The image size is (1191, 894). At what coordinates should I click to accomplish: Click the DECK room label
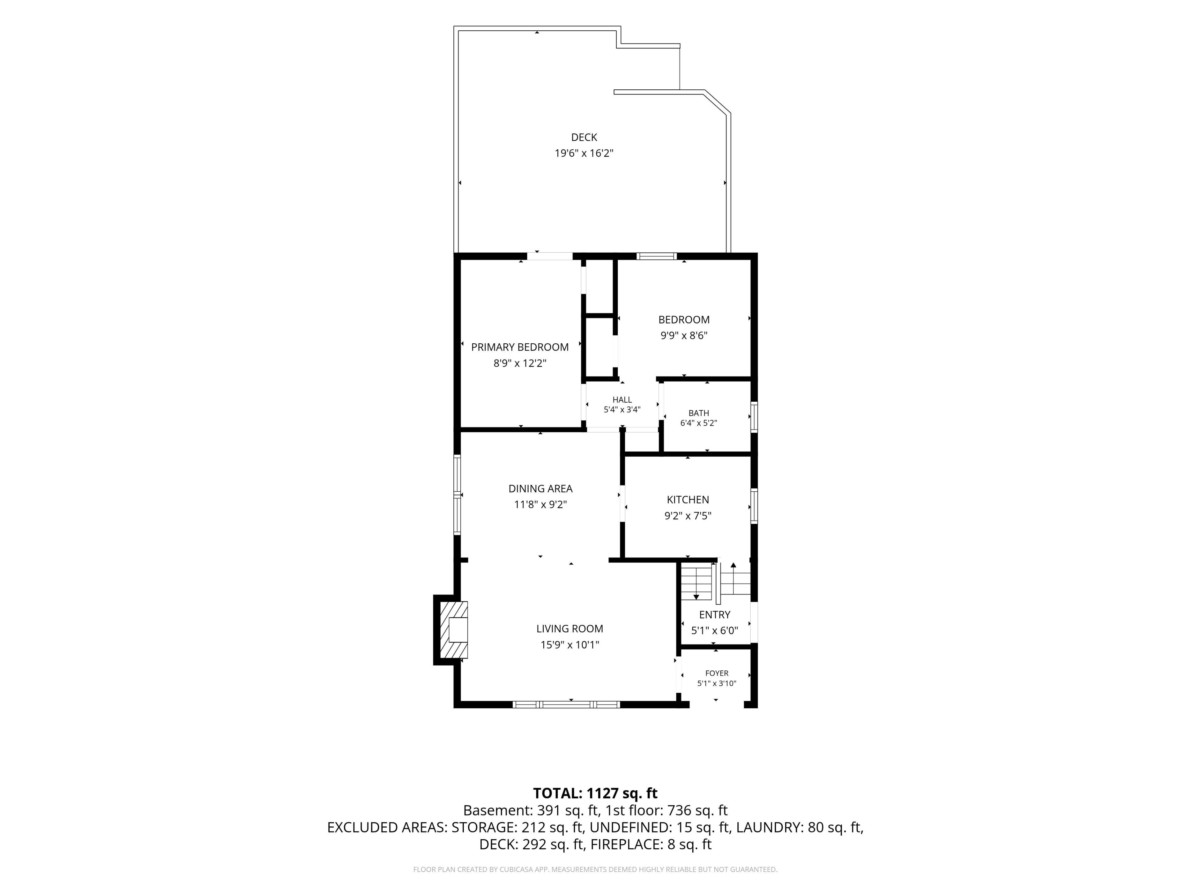coord(584,138)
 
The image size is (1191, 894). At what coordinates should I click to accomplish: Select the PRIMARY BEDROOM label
coord(520,347)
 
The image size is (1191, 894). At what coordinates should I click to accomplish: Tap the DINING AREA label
coord(541,489)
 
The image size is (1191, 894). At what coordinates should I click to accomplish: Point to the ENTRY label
coord(715,615)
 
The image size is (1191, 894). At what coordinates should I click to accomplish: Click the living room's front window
coord(566,704)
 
